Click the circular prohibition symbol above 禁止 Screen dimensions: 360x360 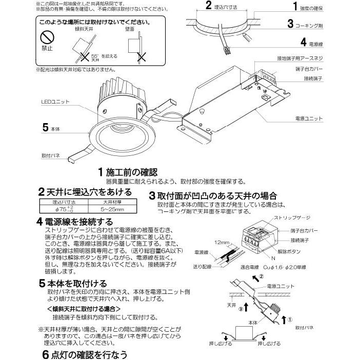pos(48,37)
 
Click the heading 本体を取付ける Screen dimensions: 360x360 pos(76,282)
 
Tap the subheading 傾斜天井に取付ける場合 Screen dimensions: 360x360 pos(83,309)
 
